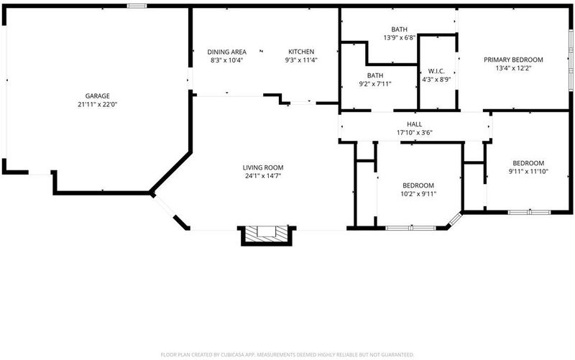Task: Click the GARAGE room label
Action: click(98, 96)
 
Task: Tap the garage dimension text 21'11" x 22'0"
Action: click(98, 104)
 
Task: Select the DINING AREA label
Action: click(226, 52)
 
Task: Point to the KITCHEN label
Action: click(301, 52)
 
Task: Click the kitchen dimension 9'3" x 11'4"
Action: click(301, 60)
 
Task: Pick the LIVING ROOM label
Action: click(263, 167)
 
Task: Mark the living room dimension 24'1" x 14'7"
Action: click(263, 176)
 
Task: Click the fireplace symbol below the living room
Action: click(267, 235)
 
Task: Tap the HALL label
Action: click(415, 124)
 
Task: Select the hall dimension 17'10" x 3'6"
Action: click(415, 133)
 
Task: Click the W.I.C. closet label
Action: click(436, 71)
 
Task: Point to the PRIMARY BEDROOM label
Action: click(513, 60)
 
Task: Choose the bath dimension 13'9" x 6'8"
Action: click(399, 37)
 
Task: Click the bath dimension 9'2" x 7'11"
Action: click(375, 84)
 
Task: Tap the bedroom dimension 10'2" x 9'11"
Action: click(418, 194)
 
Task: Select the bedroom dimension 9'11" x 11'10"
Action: click(528, 172)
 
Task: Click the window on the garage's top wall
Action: click(137, 6)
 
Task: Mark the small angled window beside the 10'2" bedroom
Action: click(455, 219)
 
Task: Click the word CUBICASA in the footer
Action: click(233, 355)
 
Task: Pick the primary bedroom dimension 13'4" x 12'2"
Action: click(513, 68)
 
